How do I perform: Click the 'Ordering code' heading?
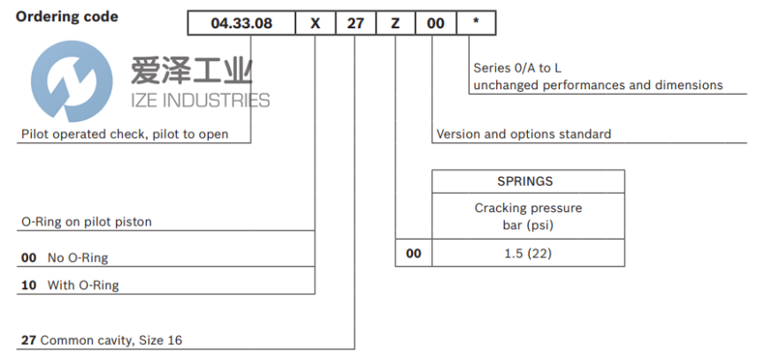pyautogui.click(x=66, y=17)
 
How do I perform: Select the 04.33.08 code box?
pyautogui.click(x=241, y=23)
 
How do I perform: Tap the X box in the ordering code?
pyautogui.click(x=316, y=23)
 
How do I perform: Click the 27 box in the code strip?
pyautogui.click(x=355, y=23)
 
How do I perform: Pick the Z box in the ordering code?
pyautogui.click(x=395, y=23)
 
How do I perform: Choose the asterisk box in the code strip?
pyautogui.click(x=477, y=23)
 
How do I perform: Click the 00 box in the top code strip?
pyautogui.click(x=436, y=23)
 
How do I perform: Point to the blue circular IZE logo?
pyautogui.click(x=72, y=80)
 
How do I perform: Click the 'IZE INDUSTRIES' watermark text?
pyautogui.click(x=200, y=100)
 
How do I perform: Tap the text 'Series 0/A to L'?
pyautogui.click(x=517, y=68)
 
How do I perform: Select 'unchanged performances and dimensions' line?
pyautogui.click(x=599, y=85)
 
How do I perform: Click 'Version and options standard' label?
pyautogui.click(x=523, y=134)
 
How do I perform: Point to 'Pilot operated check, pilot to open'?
pyautogui.click(x=125, y=134)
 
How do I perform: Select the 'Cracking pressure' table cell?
pyautogui.click(x=528, y=217)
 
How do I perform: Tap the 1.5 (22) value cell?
pyautogui.click(x=528, y=253)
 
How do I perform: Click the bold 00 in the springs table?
pyautogui.click(x=414, y=253)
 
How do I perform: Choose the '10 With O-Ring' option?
pyautogui.click(x=70, y=285)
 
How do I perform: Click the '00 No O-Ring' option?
pyautogui.click(x=65, y=257)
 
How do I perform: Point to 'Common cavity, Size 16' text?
pyautogui.click(x=111, y=340)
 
